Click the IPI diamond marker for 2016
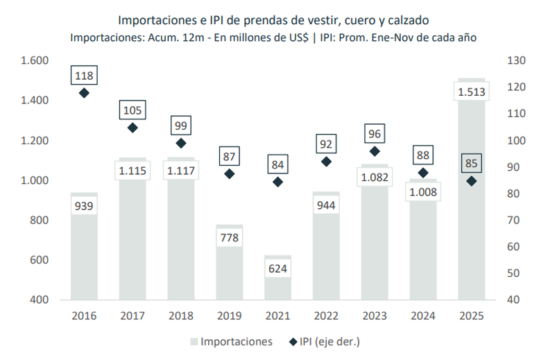click(x=84, y=93)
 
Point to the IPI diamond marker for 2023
click(x=375, y=151)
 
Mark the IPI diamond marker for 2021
click(x=277, y=182)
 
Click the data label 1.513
click(x=472, y=92)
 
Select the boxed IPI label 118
click(x=84, y=75)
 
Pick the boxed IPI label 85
click(x=472, y=164)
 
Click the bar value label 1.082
click(x=375, y=177)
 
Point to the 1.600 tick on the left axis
click(x=34, y=60)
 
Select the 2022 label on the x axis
click(x=326, y=315)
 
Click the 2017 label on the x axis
click(x=132, y=315)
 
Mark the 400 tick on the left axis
click(x=39, y=300)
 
